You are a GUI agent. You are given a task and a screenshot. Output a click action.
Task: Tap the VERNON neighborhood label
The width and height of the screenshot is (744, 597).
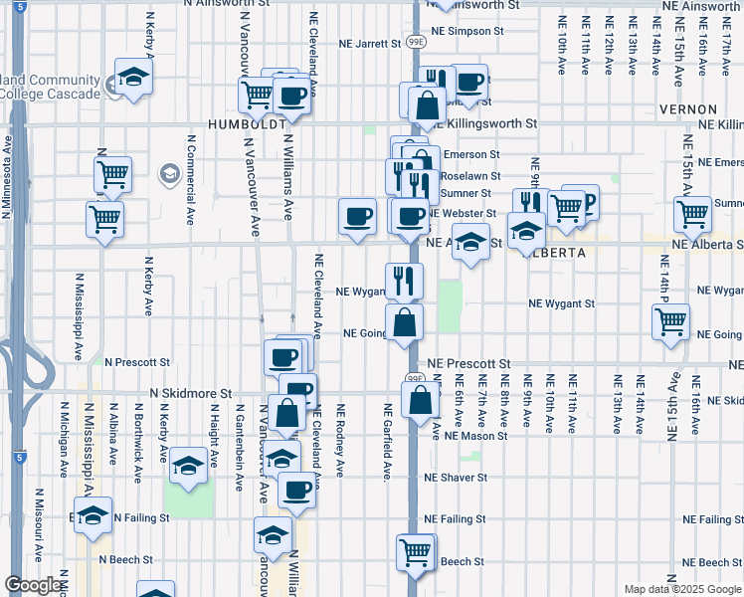(688, 108)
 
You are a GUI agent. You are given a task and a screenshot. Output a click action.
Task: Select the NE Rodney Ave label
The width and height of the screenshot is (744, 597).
(340, 440)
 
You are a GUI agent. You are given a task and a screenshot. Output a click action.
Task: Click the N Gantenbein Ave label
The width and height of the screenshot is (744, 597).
(239, 448)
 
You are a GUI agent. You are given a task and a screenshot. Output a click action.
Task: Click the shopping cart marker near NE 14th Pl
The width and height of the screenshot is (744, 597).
(671, 320)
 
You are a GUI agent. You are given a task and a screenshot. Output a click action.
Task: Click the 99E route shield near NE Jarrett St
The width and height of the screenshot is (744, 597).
(416, 42)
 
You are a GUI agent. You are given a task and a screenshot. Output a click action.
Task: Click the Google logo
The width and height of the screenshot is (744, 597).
(33, 585)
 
